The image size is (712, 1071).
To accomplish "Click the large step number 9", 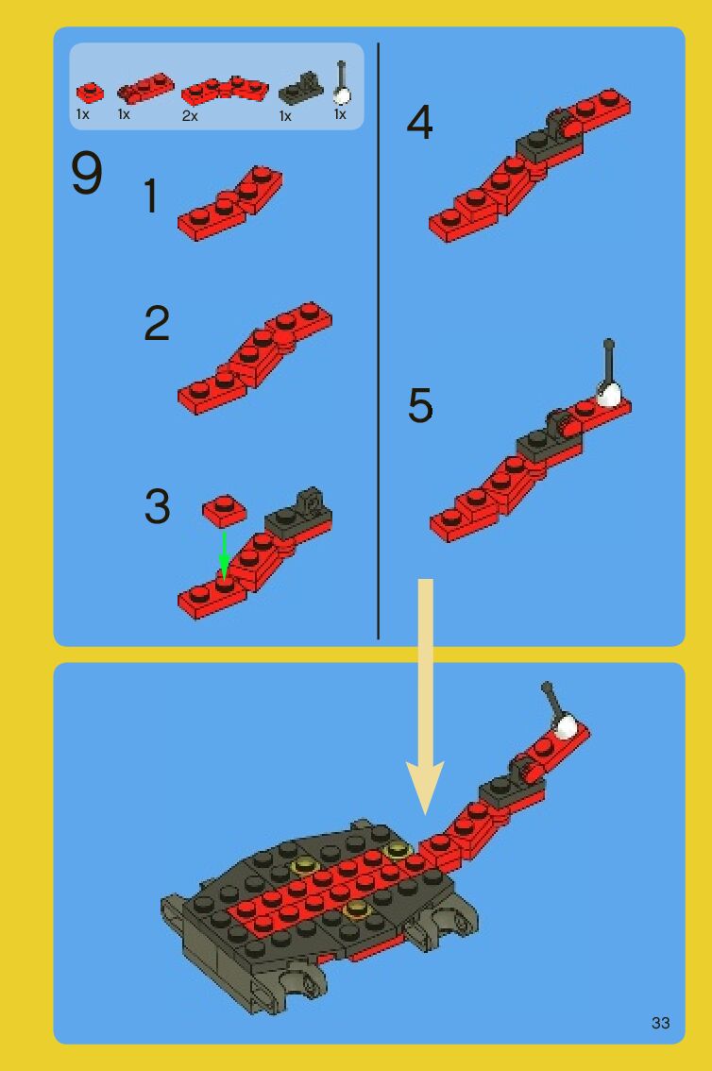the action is tap(87, 173).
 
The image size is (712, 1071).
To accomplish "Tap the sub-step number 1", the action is tap(151, 196).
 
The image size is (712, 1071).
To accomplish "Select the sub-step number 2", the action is tap(157, 323).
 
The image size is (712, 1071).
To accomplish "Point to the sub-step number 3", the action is tap(157, 507).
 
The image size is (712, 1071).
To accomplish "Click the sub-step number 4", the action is tap(419, 123).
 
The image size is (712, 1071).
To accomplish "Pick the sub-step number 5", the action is tap(420, 405).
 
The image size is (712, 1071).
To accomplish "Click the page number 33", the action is tap(660, 1023).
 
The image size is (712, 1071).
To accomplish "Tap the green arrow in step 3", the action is tap(224, 555).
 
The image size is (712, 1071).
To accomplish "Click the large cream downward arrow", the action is tap(425, 697).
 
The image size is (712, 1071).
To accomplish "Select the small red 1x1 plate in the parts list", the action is tap(90, 93).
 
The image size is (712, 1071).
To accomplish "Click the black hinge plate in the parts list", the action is tap(299, 89).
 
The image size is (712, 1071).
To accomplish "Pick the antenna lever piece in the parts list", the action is tap(341, 83).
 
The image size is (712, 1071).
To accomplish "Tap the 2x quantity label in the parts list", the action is tap(190, 116).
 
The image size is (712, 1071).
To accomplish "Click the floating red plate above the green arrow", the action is tap(225, 511).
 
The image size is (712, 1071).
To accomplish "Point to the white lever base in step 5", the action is tap(609, 394).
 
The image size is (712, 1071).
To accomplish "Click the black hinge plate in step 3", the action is tap(298, 515).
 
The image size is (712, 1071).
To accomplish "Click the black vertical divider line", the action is tap(378, 341).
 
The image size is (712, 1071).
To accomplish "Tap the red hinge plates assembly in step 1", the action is tap(230, 203).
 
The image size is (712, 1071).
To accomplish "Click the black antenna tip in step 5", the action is tap(609, 344).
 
